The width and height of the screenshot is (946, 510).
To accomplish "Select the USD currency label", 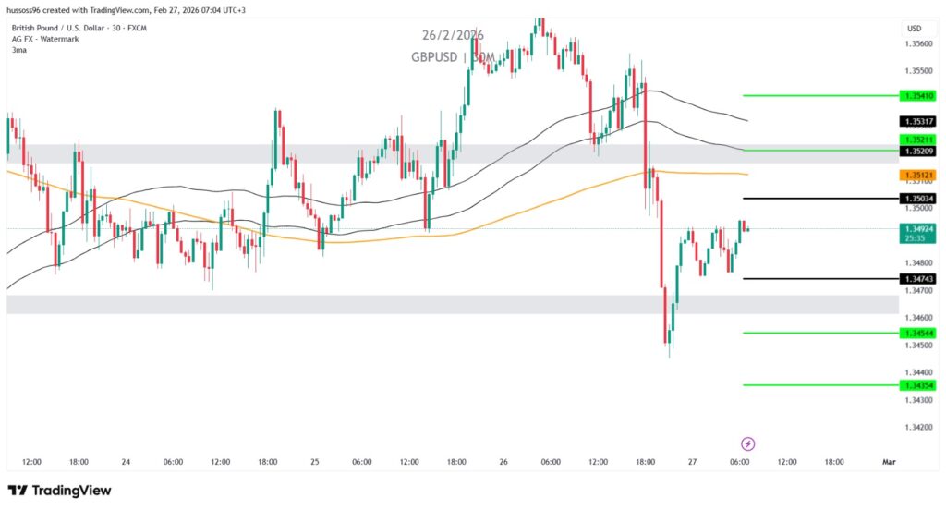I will [914, 28].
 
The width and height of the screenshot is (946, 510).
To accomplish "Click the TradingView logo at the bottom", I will [59, 490].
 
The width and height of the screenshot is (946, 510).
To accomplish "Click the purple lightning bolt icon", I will [748, 443].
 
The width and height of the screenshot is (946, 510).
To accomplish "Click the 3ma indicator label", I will [18, 49].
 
